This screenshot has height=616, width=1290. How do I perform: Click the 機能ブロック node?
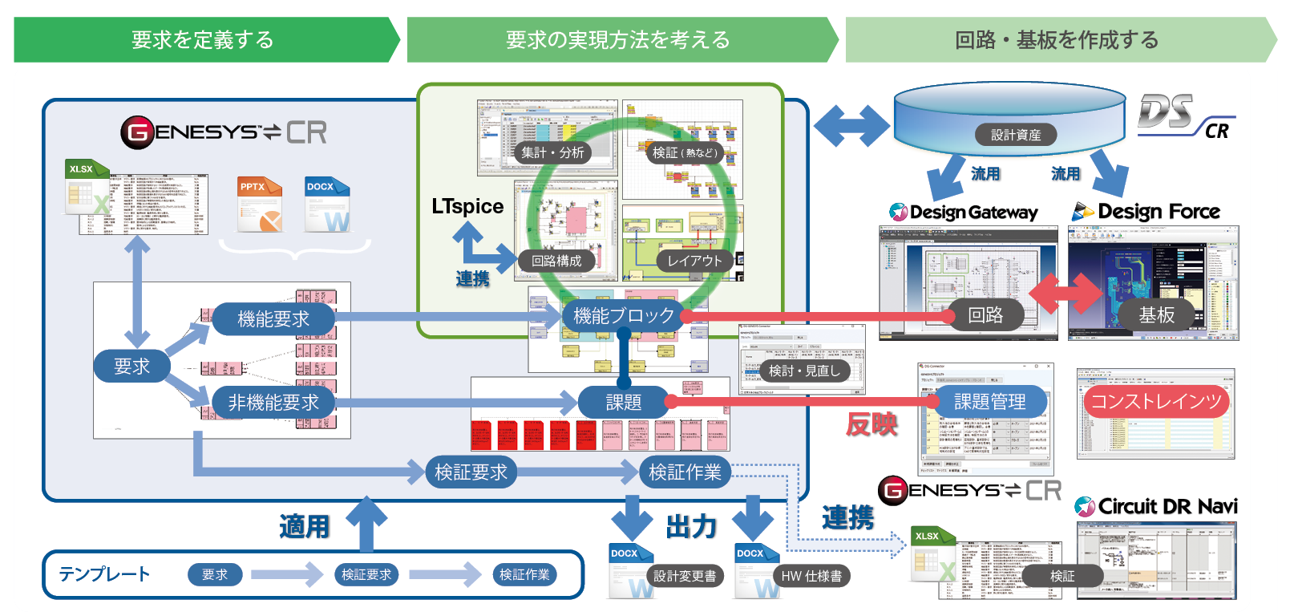pos(623,316)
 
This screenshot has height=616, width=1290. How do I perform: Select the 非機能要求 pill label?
pos(273,402)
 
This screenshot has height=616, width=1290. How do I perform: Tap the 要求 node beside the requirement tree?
pos(131,366)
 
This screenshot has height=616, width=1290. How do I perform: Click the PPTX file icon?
pos(260,205)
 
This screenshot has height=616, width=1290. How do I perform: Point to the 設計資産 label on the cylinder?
pos(1015,135)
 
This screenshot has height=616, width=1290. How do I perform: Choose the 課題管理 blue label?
pos(989,401)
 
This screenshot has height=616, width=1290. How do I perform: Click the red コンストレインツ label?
pos(1156,401)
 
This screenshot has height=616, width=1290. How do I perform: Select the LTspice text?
pos(467,206)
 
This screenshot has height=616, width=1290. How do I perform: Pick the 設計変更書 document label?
pos(684,576)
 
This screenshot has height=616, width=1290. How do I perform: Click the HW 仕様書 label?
pos(811,576)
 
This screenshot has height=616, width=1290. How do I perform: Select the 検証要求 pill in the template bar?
pos(366,574)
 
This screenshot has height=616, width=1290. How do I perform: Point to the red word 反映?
pos(871,423)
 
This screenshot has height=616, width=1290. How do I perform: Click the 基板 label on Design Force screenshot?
pos(1156,315)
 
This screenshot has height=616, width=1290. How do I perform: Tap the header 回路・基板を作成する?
pos(1056,40)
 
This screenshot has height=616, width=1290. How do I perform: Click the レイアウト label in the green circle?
pos(694,261)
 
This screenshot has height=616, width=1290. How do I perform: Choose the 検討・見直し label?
pos(804,371)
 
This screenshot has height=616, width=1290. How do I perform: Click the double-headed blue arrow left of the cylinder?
pos(851,126)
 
